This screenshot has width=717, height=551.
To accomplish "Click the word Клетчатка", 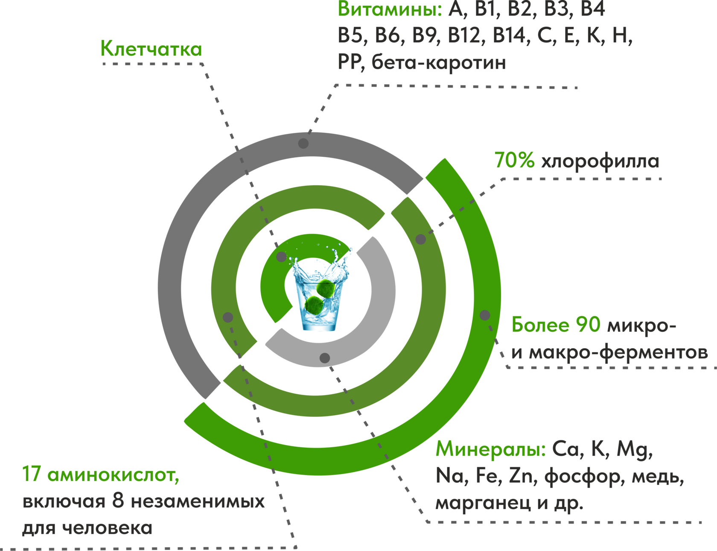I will [x=151, y=49].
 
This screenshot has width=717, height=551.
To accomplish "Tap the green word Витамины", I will [x=390, y=9].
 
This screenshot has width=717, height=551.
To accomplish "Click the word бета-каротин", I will [x=439, y=63].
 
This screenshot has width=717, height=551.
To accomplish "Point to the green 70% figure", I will [x=514, y=161].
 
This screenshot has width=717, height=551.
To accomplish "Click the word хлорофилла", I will [x=600, y=161].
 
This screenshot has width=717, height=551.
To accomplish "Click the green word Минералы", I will [x=490, y=449].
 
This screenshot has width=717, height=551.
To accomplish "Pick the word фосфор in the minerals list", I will [x=583, y=476].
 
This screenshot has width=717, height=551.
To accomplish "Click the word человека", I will [x=107, y=529].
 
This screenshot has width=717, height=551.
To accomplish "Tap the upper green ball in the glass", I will [x=326, y=288].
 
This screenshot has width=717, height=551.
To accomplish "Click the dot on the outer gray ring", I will [x=303, y=143].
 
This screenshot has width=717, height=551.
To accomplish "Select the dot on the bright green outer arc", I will [x=484, y=315].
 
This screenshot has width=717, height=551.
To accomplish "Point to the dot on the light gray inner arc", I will [x=325, y=358].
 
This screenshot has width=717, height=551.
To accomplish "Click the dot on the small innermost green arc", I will [x=281, y=257].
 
